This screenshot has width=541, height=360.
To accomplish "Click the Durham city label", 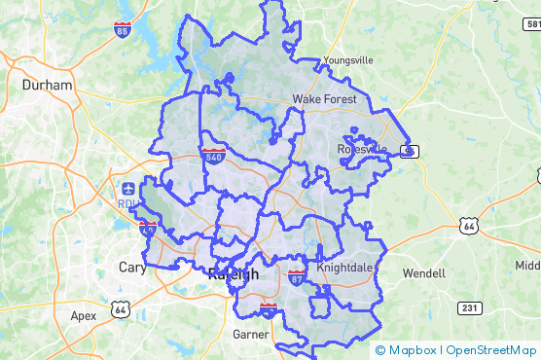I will pyautogui.click(x=48, y=85).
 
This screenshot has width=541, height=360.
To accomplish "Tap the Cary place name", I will pyautogui.click(x=131, y=268).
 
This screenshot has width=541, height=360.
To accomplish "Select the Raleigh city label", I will pyautogui.click(x=234, y=274).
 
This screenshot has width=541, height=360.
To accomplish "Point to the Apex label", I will pyautogui.click(x=84, y=315).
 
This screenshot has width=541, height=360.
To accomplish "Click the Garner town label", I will pyautogui.click(x=250, y=334).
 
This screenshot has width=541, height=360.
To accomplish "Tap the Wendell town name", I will pyautogui.click(x=423, y=273).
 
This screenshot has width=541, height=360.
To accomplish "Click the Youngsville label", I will pyautogui.click(x=347, y=59).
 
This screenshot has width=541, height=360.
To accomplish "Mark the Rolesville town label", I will pyautogui.click(x=362, y=149).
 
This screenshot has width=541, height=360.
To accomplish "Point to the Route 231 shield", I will pyautogui.click(x=470, y=307).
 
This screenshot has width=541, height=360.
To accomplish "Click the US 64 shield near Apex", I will pyautogui.click(x=121, y=308).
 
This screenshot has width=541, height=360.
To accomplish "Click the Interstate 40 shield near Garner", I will pyautogui.click(x=268, y=310).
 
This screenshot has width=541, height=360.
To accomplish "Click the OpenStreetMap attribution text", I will pyautogui.click(x=491, y=350).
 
